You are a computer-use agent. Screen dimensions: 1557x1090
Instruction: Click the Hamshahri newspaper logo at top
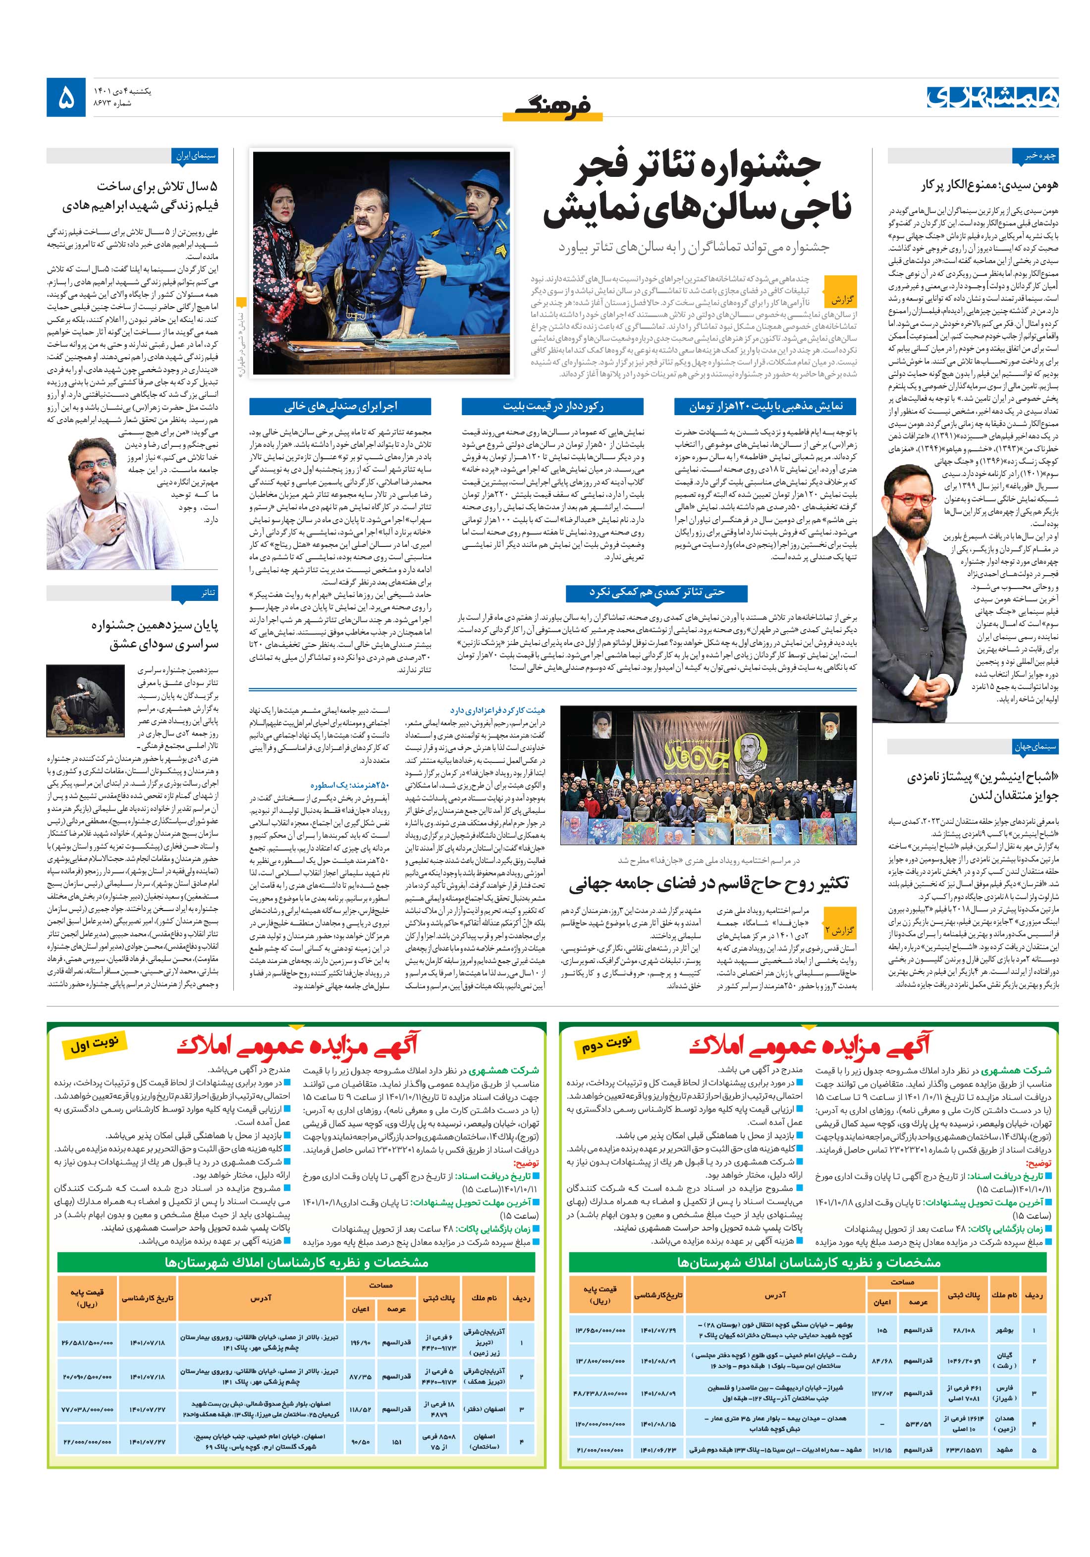pyautogui.click(x=992, y=97)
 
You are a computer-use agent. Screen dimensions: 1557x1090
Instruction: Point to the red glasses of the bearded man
pyautogui.click(x=912, y=500)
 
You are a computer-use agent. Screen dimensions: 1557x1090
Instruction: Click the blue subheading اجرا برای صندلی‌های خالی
pyautogui.click(x=340, y=406)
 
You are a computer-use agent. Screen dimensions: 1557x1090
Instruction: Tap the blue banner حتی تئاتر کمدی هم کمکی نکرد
pyautogui.click(x=656, y=592)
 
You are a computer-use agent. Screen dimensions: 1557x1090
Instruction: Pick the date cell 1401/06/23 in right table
pyautogui.click(x=658, y=1450)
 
